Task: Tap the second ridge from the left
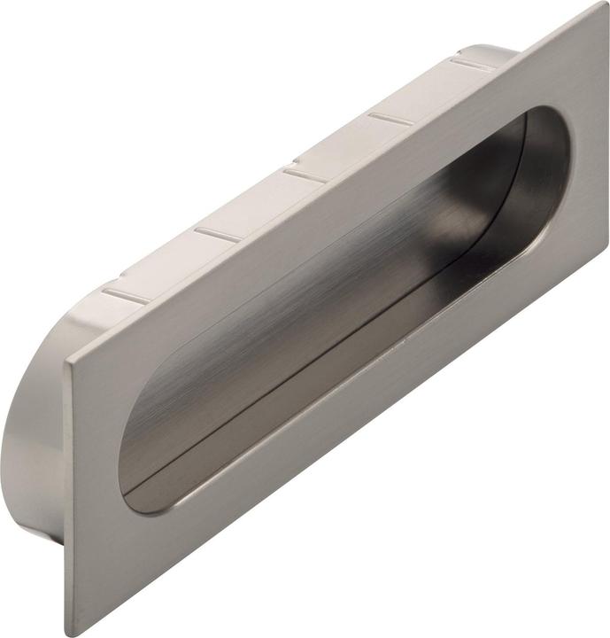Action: [x=218, y=235]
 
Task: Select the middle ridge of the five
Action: [x=305, y=174]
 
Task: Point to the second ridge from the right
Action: [x=390, y=118]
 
